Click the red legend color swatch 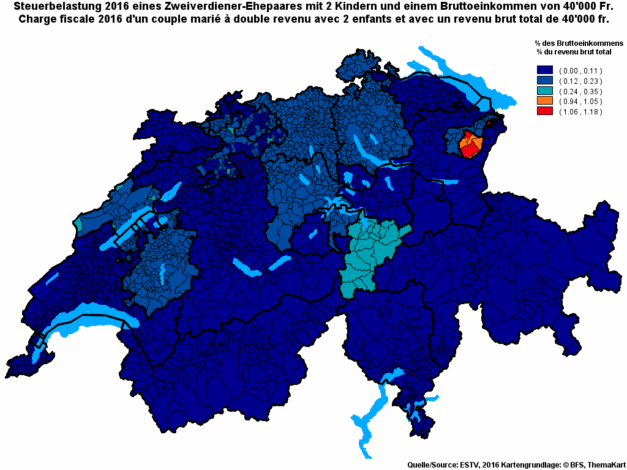pos(544,111)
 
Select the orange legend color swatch pos(544,101)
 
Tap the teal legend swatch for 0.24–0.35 pos(544,91)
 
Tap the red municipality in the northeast pos(470,148)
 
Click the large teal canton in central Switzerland pos(370,251)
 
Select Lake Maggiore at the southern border pos(367,422)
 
